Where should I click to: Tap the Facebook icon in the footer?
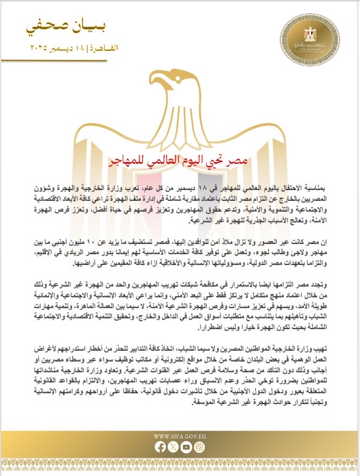tap(159, 447)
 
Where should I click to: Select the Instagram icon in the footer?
tap(200, 447)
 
